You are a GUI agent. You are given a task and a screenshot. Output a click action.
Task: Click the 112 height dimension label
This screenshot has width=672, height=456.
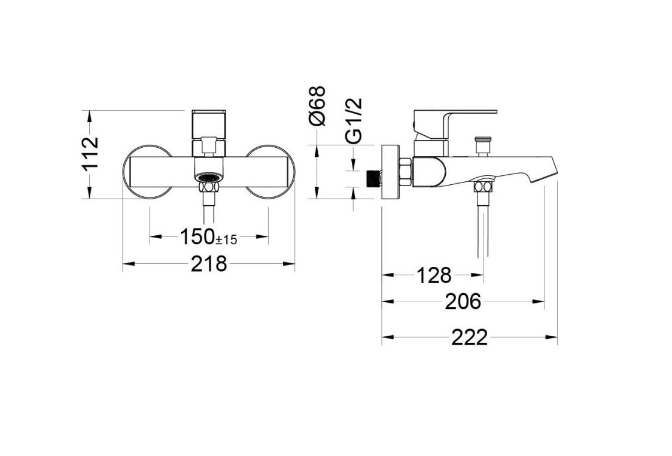pos(91,154)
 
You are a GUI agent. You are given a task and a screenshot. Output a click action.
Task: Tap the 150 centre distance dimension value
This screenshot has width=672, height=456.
pos(197,237)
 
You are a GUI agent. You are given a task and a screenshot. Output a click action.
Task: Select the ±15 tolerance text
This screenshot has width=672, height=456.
pos(226,240)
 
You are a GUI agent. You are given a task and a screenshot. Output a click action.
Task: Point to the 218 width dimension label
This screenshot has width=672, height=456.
pos(209,264)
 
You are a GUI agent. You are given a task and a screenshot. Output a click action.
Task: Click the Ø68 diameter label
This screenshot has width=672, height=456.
pos(318,106)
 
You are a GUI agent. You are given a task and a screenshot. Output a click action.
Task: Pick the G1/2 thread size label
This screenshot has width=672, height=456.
pos(354,120)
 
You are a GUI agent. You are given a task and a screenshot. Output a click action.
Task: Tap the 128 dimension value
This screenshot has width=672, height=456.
pos(434,275)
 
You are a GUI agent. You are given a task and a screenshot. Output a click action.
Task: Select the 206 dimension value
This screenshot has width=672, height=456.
pos(463,302)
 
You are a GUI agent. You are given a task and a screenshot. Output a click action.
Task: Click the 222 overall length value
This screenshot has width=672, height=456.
pos(469,338)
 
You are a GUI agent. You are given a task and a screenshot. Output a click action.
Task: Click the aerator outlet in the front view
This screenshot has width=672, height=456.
pos(209,177)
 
